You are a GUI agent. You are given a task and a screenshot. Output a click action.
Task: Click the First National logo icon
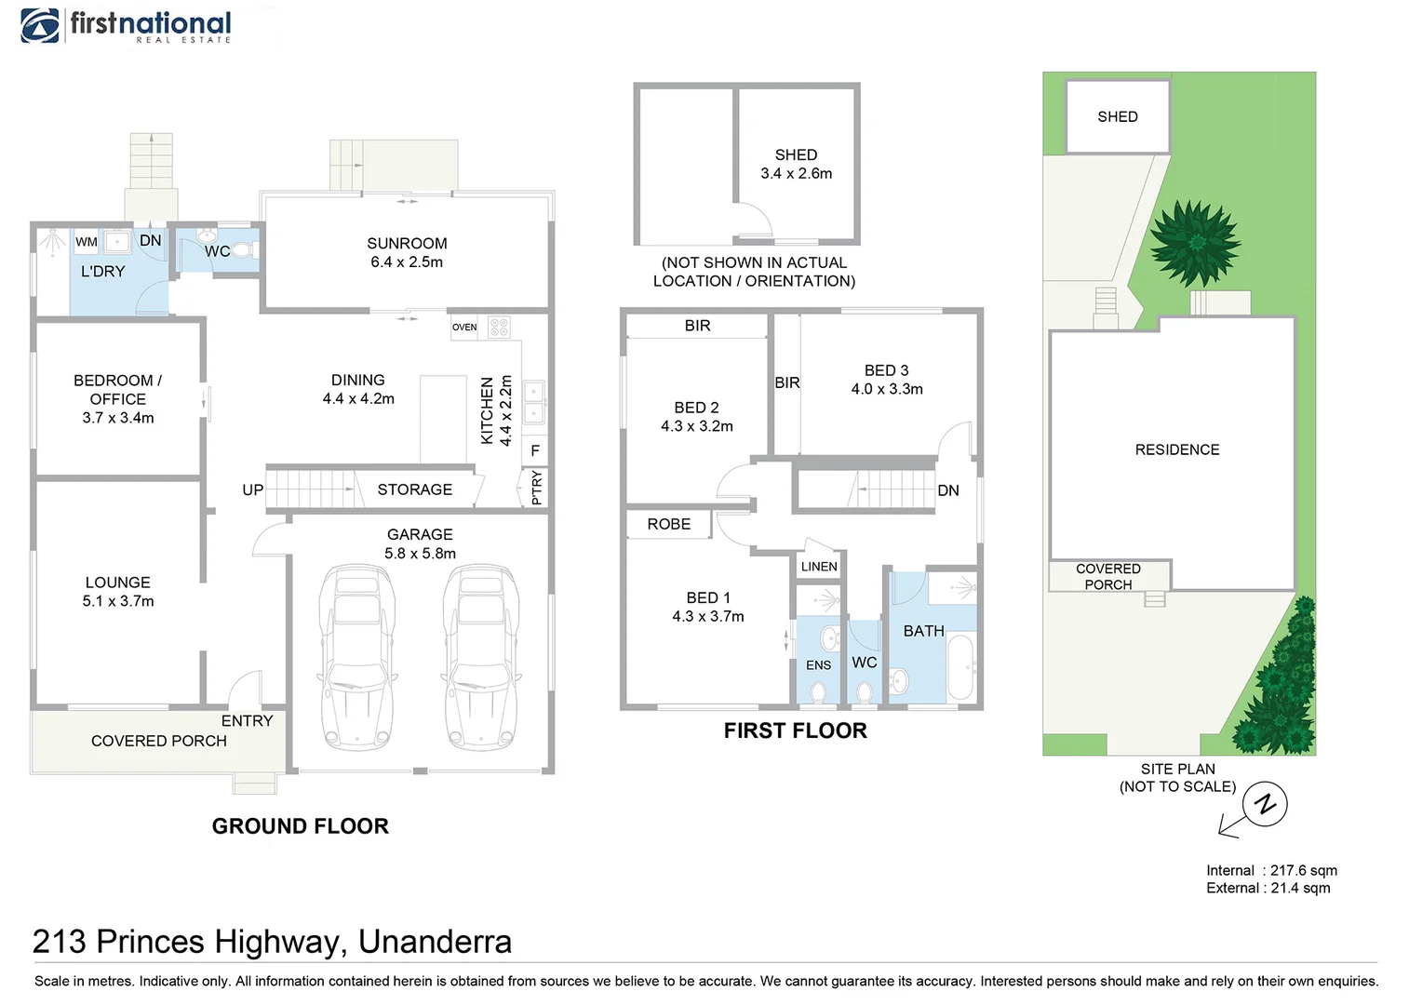coord(40,25)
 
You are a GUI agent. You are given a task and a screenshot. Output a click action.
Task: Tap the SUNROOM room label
coord(407,244)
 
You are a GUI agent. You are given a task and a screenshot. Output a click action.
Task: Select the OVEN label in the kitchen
coord(464,328)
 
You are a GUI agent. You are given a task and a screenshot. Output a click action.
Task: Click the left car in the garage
coord(356,657)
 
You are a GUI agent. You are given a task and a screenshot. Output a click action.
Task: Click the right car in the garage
coord(481,657)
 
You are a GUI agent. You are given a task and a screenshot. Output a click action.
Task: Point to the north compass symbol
coord(1264,804)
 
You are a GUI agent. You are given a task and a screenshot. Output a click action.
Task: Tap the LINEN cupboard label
coord(819,567)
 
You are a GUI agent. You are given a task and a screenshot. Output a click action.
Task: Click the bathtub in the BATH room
coord(960,667)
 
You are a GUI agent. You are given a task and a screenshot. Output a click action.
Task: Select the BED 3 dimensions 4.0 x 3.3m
coord(887,390)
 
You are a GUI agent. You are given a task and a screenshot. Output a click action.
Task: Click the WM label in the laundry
coord(87,242)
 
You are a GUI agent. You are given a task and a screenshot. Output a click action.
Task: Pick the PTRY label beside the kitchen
coord(536,488)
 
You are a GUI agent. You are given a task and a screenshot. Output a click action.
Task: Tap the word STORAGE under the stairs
coord(415,489)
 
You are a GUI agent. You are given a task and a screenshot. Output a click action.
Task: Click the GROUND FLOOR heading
coord(300,826)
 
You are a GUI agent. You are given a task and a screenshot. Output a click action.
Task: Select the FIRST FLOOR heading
coord(795,731)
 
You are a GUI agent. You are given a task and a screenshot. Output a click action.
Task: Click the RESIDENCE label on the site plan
coord(1176,450)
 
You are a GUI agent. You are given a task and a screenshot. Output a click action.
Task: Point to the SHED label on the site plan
coord(1117,117)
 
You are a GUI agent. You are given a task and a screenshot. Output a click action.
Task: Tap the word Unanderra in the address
coord(435,943)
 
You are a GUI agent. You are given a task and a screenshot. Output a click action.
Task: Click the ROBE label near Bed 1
coord(669,525)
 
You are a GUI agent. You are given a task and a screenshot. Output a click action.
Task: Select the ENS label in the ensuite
coord(818,665)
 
